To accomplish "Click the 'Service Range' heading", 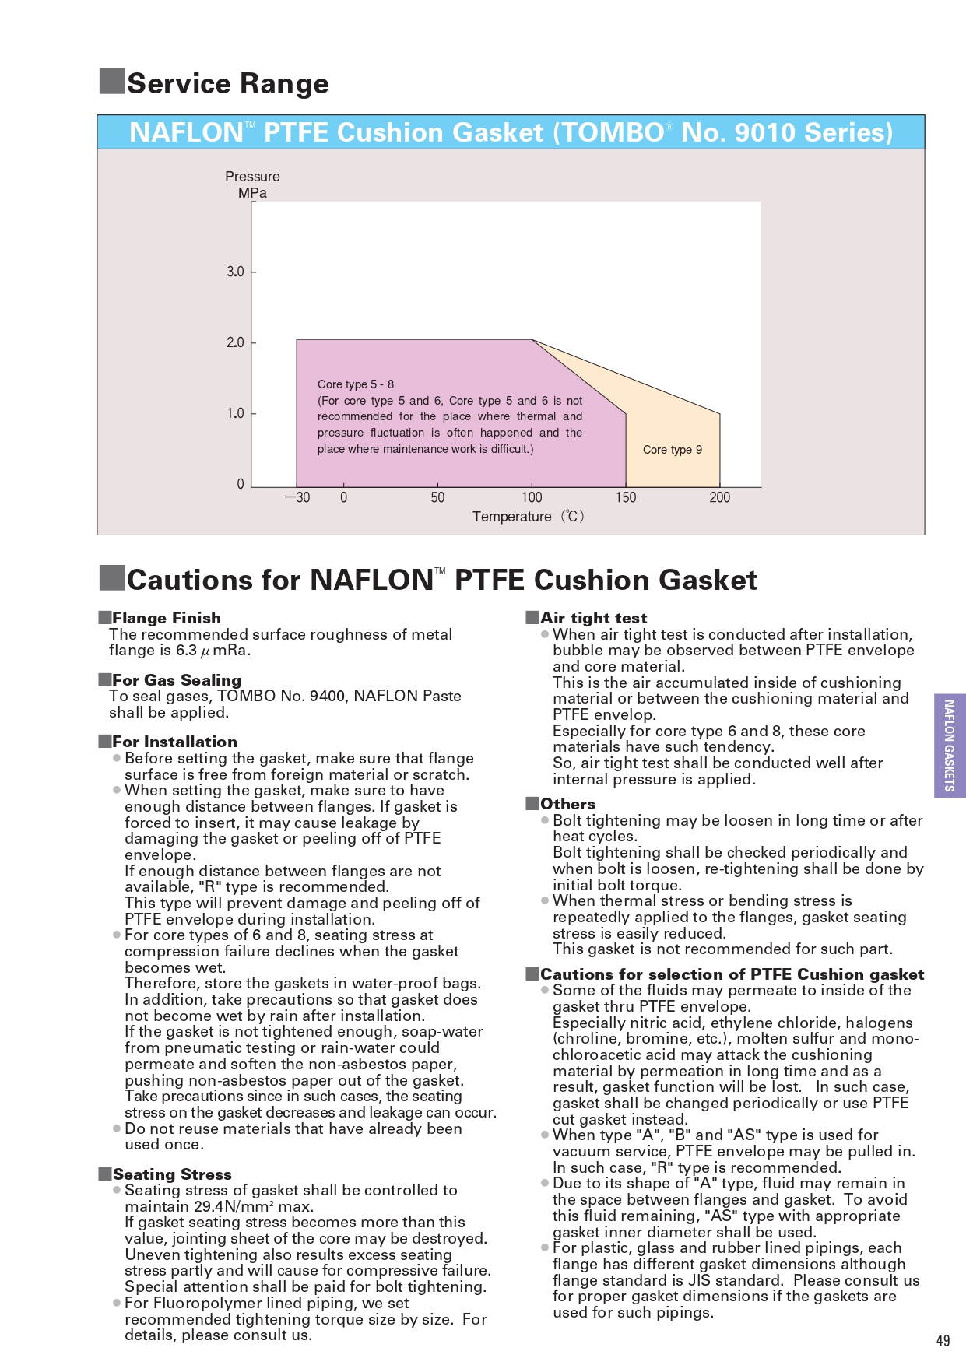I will (x=227, y=83).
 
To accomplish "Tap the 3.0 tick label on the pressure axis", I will (x=235, y=272).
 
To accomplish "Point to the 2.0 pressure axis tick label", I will (x=235, y=342).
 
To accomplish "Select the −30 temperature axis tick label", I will (x=297, y=497).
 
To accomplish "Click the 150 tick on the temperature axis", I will (x=626, y=497).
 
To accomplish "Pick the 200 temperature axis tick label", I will (x=720, y=497).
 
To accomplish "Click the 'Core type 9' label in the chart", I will (x=673, y=450).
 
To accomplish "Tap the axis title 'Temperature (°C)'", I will (x=528, y=517).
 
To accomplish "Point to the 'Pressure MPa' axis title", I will (x=252, y=184).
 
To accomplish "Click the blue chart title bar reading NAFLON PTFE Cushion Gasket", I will (x=511, y=132).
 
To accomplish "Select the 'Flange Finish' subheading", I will (x=166, y=618).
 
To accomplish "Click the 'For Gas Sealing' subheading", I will (x=177, y=680).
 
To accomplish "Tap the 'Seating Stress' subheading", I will (x=172, y=1174).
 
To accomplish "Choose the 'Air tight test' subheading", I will (x=593, y=618).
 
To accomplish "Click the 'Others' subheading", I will (x=567, y=804).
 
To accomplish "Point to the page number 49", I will (x=943, y=1340).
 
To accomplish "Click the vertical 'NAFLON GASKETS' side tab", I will (x=949, y=746).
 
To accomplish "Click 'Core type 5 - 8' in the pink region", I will (x=356, y=384).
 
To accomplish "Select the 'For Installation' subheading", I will (x=174, y=742).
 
